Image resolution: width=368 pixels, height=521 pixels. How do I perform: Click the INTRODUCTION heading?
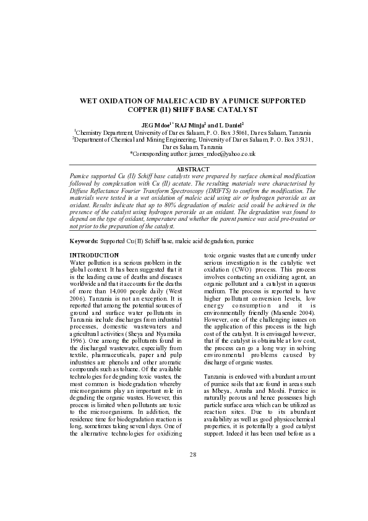click(94, 255)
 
